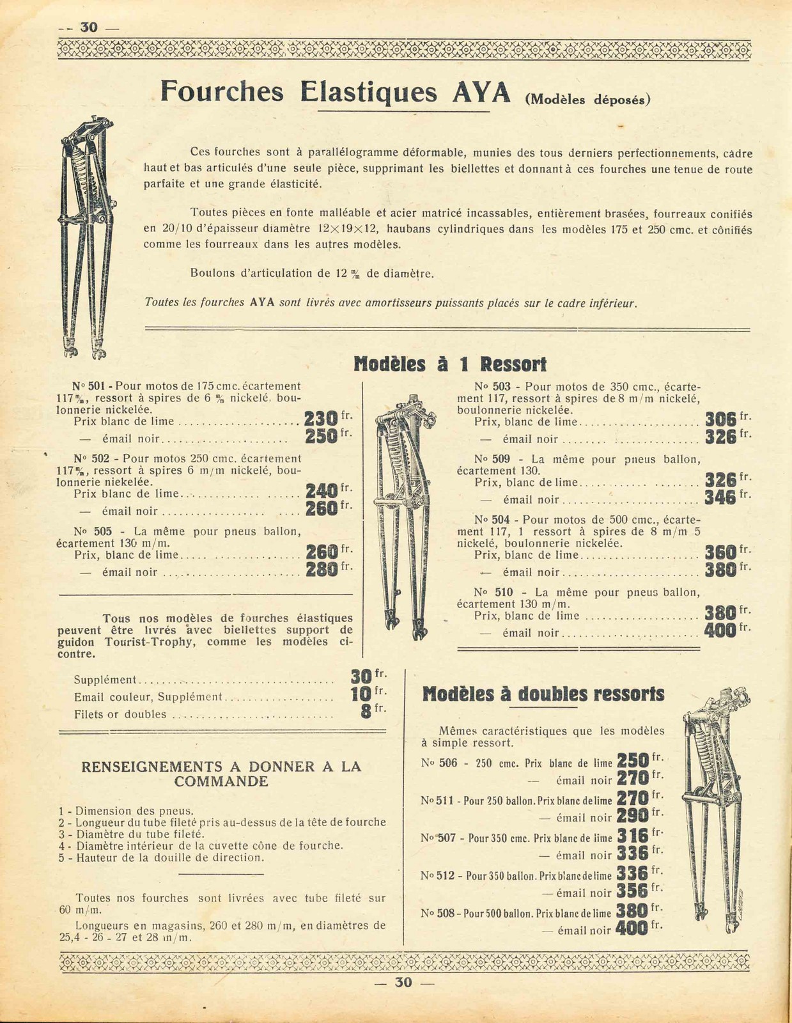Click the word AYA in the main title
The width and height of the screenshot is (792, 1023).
pyautogui.click(x=481, y=92)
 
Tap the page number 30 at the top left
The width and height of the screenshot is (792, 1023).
pyautogui.click(x=88, y=27)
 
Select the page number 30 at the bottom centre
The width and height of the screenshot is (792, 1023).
pyautogui.click(x=403, y=982)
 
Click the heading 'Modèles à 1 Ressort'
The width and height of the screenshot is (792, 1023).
pyautogui.click(x=451, y=364)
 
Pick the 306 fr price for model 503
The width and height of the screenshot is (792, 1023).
pyautogui.click(x=720, y=419)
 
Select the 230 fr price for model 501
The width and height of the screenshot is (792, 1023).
pyautogui.click(x=321, y=419)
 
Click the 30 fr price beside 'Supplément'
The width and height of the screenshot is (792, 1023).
pyautogui.click(x=362, y=676)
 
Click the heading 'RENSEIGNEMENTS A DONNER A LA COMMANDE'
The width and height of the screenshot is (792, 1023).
pyautogui.click(x=221, y=774)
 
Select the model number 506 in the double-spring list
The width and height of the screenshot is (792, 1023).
pyautogui.click(x=448, y=763)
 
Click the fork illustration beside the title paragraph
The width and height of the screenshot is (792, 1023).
pyautogui.click(x=83, y=237)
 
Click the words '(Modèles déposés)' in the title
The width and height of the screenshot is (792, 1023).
pyautogui.click(x=587, y=100)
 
